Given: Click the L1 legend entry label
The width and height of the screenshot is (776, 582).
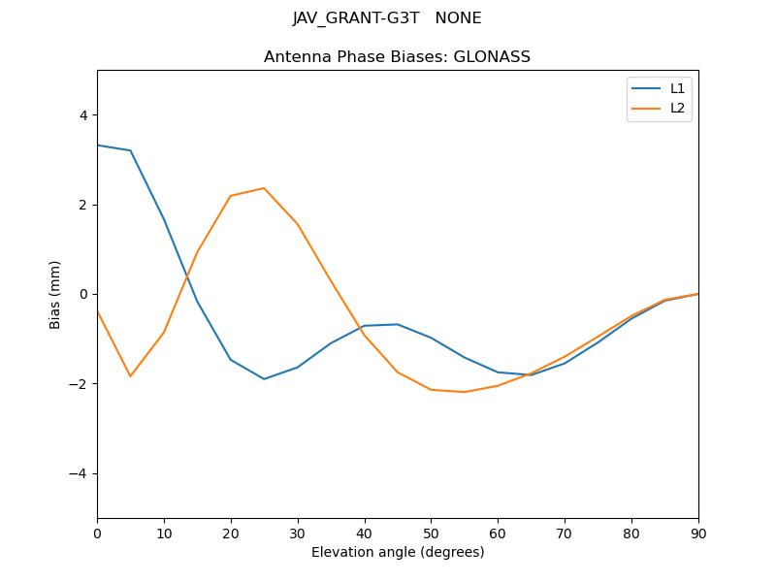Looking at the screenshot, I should tap(677, 88).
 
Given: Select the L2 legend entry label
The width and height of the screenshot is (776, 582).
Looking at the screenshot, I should tap(677, 108).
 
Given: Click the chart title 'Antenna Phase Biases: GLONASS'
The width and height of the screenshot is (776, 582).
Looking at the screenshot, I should tap(397, 57).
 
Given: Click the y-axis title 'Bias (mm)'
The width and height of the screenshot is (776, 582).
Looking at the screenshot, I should tap(55, 294).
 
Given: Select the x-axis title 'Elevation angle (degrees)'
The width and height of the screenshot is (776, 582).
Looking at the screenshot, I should tap(398, 552).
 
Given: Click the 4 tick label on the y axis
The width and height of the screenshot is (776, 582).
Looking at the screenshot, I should tap(82, 115).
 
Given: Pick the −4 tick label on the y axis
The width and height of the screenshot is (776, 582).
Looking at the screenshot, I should tap(79, 473).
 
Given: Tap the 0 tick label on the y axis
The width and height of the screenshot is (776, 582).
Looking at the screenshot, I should tap(82, 294).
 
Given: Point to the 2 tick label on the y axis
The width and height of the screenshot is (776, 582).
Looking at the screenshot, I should tap(82, 205).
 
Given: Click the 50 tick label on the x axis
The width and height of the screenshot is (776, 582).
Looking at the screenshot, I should tap(431, 533).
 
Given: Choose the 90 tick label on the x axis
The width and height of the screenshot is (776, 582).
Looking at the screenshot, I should tap(698, 533).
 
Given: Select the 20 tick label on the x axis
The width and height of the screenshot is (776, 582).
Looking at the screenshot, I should tap(231, 533).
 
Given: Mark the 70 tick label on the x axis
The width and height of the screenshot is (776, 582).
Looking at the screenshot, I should tap(565, 533).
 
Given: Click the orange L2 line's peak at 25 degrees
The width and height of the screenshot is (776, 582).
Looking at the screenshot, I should tap(264, 188).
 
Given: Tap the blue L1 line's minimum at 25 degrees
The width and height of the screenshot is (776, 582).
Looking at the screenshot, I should tap(264, 379).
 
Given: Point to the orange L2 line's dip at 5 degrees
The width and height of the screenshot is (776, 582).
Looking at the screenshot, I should tap(130, 376).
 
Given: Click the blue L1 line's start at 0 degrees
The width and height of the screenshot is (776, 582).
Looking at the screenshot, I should tap(98, 145).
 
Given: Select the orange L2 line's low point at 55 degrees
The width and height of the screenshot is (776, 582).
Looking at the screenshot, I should tap(465, 392).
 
